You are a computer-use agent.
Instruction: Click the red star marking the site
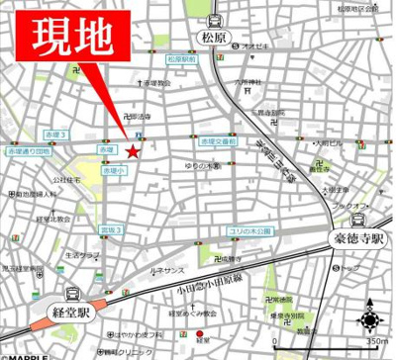(x=132, y=150)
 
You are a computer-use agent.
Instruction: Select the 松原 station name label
(x=214, y=42)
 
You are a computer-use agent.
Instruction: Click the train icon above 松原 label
(x=215, y=21)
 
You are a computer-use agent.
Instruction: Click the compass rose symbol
(x=371, y=318)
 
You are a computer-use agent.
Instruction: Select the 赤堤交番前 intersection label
(x=216, y=142)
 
